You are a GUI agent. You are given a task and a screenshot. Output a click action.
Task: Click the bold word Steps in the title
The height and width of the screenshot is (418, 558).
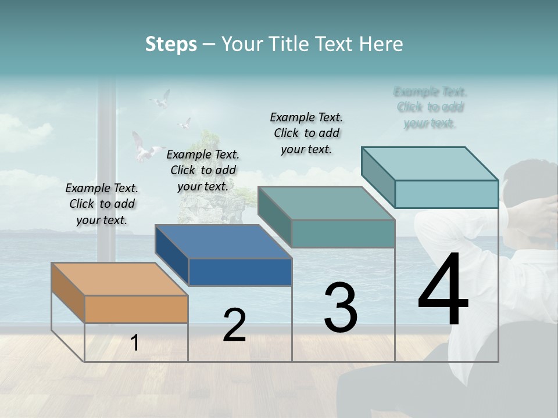click(171, 44)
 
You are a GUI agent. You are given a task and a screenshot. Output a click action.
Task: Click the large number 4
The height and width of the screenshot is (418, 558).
click(443, 291)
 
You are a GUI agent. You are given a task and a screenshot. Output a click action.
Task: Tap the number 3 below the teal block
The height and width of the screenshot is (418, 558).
click(341, 308)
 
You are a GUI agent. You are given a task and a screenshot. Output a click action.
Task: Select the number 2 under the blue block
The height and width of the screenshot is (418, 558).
click(234, 325)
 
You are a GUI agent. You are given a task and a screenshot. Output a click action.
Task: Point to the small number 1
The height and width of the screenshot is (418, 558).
click(135, 343)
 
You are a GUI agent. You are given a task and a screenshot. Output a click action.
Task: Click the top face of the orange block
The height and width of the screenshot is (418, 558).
click(119, 279)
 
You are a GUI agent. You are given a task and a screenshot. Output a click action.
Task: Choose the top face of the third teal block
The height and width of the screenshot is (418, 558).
click(326, 203)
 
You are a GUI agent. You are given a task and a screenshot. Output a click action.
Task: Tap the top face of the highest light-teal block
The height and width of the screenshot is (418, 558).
click(430, 164)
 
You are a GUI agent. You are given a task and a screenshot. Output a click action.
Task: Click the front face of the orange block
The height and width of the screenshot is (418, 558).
click(136, 309)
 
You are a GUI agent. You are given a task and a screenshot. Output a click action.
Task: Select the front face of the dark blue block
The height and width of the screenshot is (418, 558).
click(240, 272)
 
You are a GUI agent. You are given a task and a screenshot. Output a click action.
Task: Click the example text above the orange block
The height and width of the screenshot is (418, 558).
click(102, 204)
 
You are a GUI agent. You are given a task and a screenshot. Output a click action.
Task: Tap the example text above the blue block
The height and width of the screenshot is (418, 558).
click(203, 170)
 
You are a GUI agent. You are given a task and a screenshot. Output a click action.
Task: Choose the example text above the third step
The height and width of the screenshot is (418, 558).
click(306, 133)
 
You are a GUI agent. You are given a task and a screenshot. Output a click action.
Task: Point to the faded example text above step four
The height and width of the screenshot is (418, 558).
click(430, 107)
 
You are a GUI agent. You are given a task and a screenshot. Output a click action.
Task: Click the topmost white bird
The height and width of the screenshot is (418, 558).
click(161, 99)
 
